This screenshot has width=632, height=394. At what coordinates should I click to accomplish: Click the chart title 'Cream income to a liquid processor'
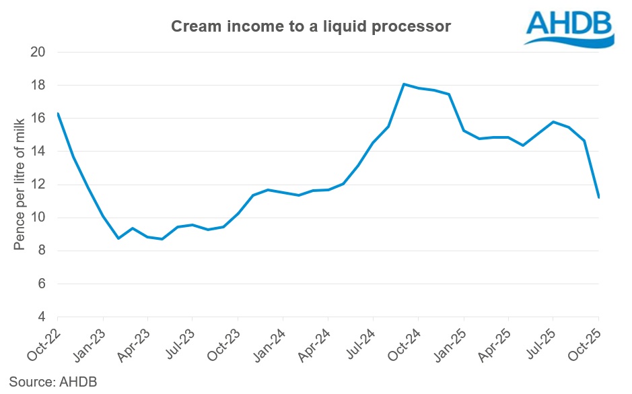tap(310, 26)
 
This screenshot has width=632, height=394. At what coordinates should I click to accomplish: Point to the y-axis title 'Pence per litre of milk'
tap(20, 183)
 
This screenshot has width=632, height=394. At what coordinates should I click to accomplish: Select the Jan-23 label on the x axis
tap(92, 341)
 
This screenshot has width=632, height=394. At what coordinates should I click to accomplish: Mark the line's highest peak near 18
tap(403, 84)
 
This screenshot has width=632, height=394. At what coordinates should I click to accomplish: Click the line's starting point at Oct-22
tap(58, 113)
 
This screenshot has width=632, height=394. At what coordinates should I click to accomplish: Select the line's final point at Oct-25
tap(598, 197)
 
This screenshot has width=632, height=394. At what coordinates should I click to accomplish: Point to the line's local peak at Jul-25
tap(553, 122)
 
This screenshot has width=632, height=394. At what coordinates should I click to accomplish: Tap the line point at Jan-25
tap(464, 130)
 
